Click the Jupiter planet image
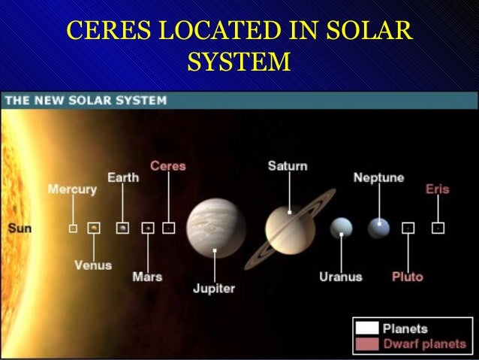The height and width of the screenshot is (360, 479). (216, 228)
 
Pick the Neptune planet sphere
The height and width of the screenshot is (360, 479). (379, 226)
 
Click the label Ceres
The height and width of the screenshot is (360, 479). (168, 165)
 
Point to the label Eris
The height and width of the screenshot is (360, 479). (437, 189)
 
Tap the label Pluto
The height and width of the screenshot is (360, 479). (408, 277)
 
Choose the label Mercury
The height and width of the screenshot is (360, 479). (72, 189)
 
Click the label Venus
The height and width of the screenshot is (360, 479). (93, 265)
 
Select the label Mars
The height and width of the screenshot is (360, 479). (147, 277)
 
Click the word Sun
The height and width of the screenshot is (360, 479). (20, 227)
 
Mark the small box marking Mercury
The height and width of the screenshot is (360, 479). (73, 227)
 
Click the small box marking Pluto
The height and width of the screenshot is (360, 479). (408, 226)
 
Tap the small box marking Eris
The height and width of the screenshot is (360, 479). (438, 226)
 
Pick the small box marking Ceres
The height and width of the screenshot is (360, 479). (169, 227)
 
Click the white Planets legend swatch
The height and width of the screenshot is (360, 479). (368, 328)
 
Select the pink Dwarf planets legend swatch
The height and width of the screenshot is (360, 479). (368, 343)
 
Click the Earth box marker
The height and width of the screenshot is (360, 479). (122, 227)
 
